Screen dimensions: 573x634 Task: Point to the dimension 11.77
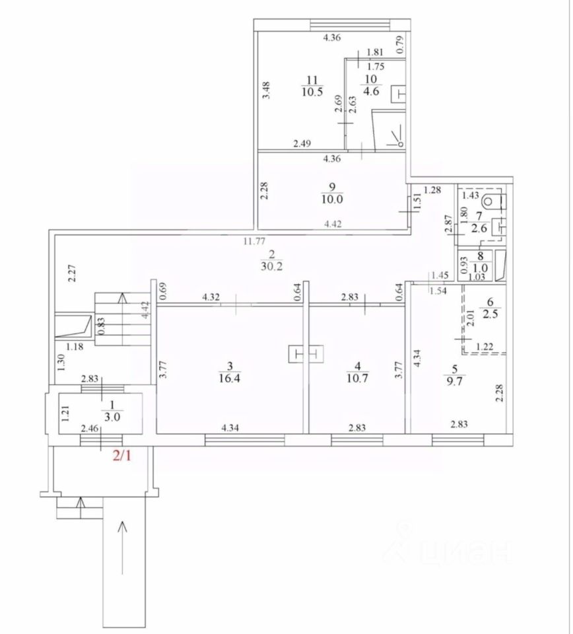[x=252, y=241]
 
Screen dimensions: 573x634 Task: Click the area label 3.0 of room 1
[x=101, y=415]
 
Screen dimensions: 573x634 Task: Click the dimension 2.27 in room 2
[x=74, y=273]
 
